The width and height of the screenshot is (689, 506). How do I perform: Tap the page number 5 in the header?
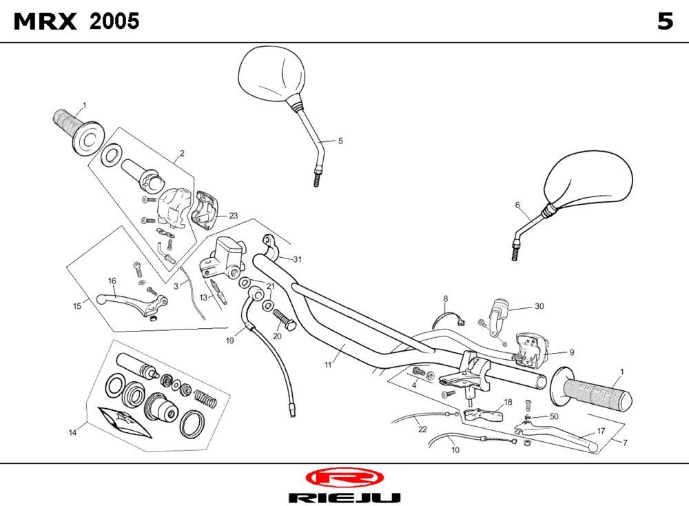[x=664, y=22]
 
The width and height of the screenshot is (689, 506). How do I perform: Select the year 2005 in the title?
[x=114, y=22]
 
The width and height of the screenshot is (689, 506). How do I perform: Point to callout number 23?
[x=234, y=216]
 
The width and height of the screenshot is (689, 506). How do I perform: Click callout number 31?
[x=297, y=259]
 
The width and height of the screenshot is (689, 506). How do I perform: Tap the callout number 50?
[x=553, y=416]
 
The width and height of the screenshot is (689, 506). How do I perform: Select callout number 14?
[x=72, y=432]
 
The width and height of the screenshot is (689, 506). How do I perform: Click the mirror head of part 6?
[x=589, y=180]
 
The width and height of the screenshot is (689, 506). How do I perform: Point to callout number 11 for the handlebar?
[x=328, y=364]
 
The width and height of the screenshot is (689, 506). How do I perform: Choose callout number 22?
[x=422, y=429]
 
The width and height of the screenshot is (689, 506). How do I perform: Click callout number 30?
[x=539, y=306]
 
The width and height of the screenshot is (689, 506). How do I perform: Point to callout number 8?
[x=445, y=298]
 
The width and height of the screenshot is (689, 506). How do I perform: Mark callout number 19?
[x=230, y=340]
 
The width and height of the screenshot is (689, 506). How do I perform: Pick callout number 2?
[x=182, y=153]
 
